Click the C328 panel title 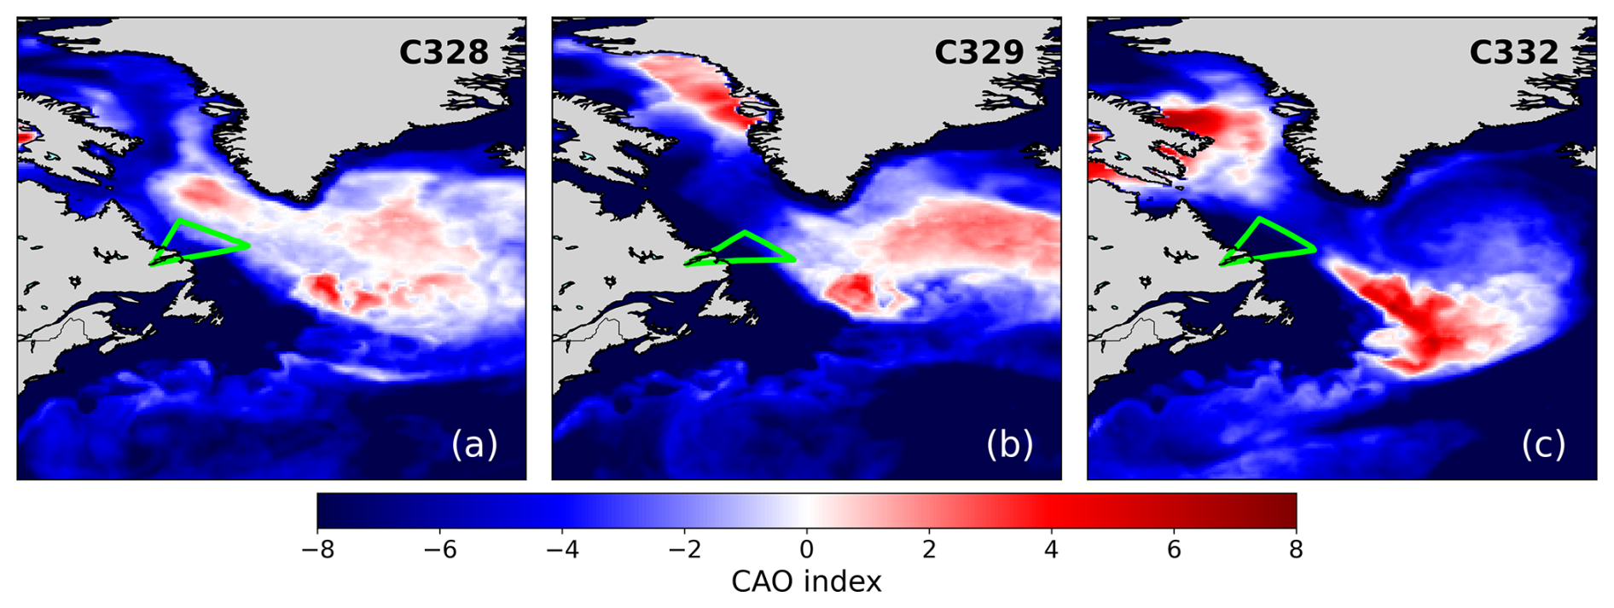click(x=444, y=53)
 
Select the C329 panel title click(x=978, y=53)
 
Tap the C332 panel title click(x=1513, y=53)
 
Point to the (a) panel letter click(x=474, y=444)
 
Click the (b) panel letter click(x=1009, y=444)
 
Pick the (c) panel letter click(x=1543, y=444)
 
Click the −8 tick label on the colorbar click(x=317, y=550)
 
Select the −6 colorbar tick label click(x=439, y=550)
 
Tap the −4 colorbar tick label click(x=562, y=550)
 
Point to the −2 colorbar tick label click(x=684, y=550)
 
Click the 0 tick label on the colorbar click(x=807, y=550)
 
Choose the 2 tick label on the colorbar click(x=929, y=550)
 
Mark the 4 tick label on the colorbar click(x=1051, y=550)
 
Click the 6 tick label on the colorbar click(x=1174, y=550)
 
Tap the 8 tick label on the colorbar click(x=1296, y=550)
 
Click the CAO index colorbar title click(x=806, y=582)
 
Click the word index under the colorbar click(x=844, y=582)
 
